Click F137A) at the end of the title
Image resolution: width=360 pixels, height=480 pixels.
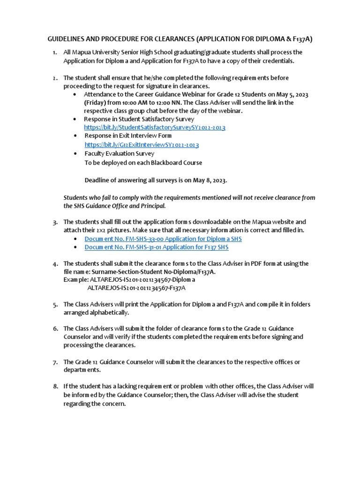[x=300, y=40]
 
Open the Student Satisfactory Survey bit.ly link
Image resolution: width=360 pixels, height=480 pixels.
[x=155, y=127]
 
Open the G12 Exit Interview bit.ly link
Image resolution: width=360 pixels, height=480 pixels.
[x=142, y=145]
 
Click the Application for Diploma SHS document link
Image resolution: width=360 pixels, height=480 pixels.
[x=163, y=239]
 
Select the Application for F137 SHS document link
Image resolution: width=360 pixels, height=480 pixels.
[x=156, y=247]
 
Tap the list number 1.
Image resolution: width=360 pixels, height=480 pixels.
[x=55, y=52]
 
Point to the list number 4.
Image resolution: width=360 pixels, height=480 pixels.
[x=55, y=264]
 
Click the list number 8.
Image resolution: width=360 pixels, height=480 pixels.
[x=55, y=387]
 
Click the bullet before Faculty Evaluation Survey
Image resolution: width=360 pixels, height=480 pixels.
[x=75, y=154]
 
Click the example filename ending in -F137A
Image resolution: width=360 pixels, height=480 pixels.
[x=136, y=288]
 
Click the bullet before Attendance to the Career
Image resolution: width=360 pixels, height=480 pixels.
[x=75, y=94]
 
